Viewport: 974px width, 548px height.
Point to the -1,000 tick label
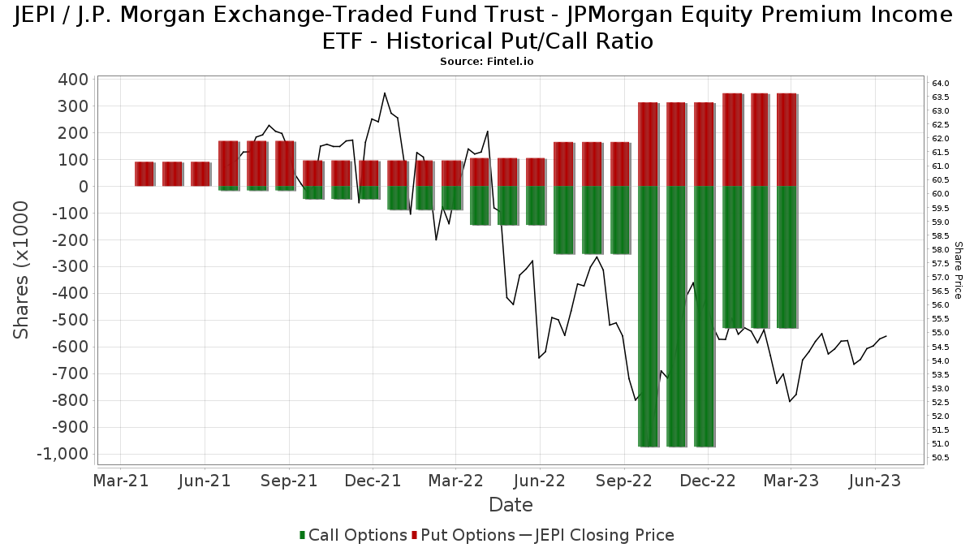tap(62, 454)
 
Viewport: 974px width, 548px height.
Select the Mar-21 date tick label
tap(121, 481)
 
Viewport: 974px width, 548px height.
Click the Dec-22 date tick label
tap(708, 481)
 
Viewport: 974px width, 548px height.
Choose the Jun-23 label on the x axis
tap(875, 481)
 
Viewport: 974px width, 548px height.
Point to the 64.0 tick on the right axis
tap(941, 84)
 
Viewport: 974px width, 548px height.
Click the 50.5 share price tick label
tap(941, 458)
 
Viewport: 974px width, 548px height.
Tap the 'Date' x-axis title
tap(511, 505)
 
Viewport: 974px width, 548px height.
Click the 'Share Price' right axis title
tap(958, 270)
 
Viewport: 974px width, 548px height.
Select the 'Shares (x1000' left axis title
tap(22, 270)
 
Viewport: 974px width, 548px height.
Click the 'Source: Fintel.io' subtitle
tap(486, 62)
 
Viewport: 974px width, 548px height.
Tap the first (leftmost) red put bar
tap(144, 174)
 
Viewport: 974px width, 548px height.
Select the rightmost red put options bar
tap(787, 140)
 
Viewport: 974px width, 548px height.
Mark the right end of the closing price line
tap(886, 336)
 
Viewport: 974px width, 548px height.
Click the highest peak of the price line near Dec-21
tap(385, 93)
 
